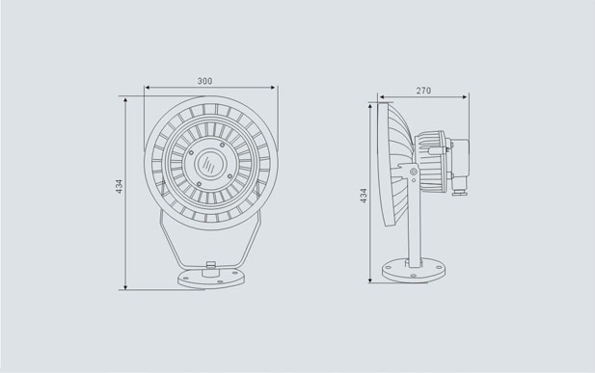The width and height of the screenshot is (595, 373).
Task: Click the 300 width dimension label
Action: (204, 81)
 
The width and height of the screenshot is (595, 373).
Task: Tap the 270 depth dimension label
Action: (423, 91)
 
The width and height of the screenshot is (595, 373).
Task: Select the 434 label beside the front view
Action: (120, 187)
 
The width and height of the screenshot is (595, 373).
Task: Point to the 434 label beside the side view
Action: (364, 196)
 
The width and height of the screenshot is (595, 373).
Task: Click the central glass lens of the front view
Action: (210, 164)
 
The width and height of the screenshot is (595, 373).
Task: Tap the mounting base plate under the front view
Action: (211, 279)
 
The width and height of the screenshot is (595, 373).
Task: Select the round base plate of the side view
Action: (414, 270)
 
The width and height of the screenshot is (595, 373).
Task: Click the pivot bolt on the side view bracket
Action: (414, 172)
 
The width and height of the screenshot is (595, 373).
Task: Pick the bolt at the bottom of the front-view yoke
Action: (210, 264)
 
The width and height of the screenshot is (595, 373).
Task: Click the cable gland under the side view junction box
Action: (459, 191)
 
